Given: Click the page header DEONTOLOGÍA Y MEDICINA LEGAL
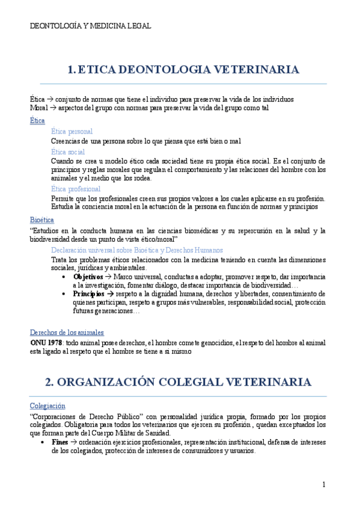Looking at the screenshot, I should point(90,26).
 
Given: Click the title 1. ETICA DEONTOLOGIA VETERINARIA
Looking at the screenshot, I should point(183,70).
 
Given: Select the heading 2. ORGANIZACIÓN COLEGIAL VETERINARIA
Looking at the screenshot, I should point(178,382).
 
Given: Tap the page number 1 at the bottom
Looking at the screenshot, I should point(324,485).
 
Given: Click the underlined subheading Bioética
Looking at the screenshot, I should point(42,220).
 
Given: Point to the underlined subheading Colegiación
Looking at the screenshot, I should point(47,406).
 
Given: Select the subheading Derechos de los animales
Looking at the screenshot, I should point(67,332).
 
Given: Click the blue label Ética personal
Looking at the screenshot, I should point(72,131).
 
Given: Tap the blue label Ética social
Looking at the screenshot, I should point(68,151).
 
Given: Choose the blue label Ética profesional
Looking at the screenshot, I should point(76,189).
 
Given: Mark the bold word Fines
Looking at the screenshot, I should point(60,441).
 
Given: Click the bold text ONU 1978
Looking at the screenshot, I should point(47,342).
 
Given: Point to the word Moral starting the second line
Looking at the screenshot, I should point(38,107).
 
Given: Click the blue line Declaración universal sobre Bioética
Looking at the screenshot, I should point(137,250).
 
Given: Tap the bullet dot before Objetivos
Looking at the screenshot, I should point(64,277).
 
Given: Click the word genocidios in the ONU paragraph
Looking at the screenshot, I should point(214,342).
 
